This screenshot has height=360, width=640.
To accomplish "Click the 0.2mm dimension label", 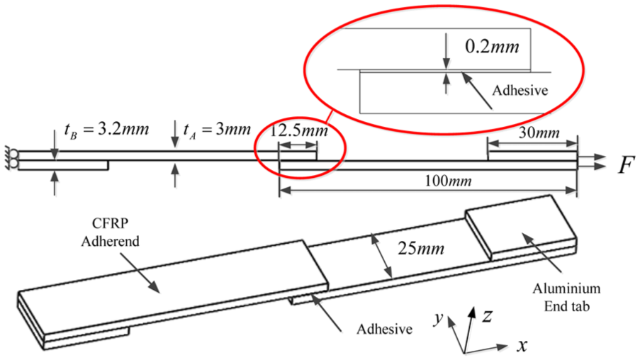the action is pos(492,47).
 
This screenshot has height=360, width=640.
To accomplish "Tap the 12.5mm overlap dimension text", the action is pos(299,130).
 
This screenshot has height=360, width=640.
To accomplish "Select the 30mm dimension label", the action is pos(539,133).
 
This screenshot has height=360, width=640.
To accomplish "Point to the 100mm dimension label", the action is pos(448,181).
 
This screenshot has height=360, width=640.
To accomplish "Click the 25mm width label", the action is pos(421,248).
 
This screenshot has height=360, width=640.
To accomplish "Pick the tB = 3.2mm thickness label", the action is pos(106,130).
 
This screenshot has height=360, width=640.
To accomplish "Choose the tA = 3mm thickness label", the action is pos(217,130).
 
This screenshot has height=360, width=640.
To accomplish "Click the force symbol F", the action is pos(626,165).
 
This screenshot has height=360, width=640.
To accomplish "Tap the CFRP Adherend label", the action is pos(110,232).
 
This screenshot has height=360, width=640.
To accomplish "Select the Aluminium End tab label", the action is pos(566,297).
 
